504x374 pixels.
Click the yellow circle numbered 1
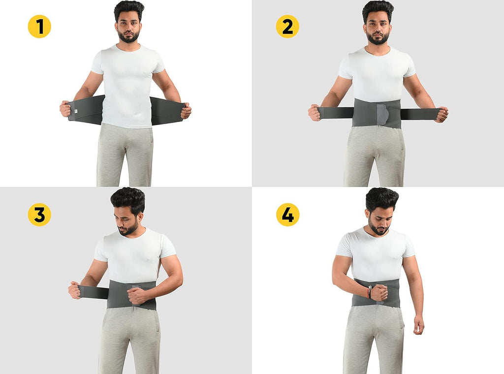(x=39, y=27)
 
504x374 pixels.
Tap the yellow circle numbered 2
(x=287, y=27)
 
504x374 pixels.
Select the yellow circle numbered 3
(x=39, y=214)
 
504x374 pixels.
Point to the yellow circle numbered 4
(x=287, y=214)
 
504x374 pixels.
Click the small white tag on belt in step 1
(x=75, y=111)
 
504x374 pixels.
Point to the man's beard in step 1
(x=128, y=36)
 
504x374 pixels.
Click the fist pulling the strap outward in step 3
(x=75, y=290)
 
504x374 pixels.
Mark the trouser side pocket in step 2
(x=402, y=141)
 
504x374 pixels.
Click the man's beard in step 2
(x=378, y=38)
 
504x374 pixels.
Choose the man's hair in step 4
(x=382, y=199)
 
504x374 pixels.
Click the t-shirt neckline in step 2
(x=378, y=51)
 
